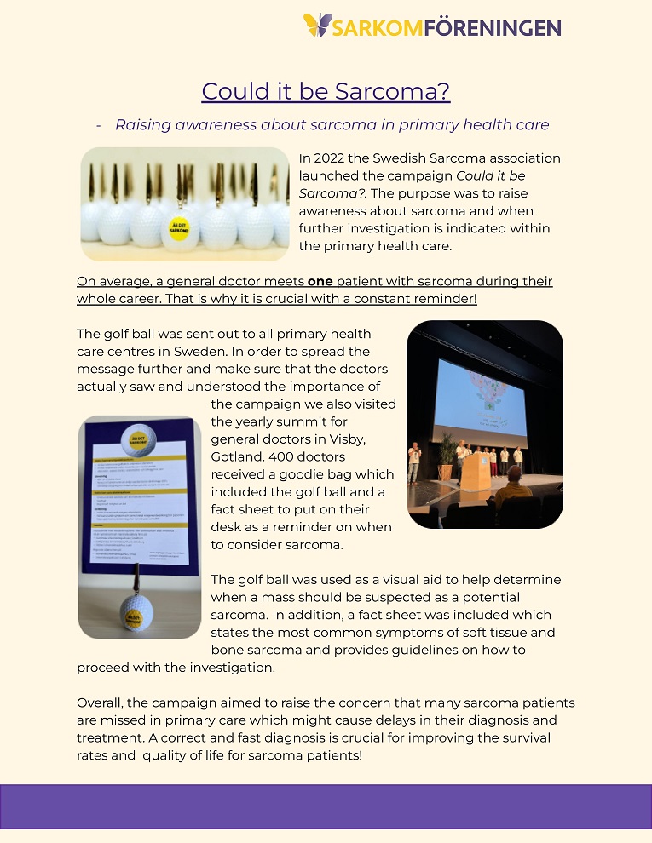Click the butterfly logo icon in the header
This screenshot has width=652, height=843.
tap(318, 25)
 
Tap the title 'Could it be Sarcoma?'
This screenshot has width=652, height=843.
tap(326, 91)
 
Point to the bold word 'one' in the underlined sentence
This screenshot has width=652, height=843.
tap(320, 281)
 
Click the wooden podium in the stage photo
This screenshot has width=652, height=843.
tap(476, 469)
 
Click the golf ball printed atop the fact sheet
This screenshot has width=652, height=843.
tap(139, 439)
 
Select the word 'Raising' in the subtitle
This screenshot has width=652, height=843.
tap(142, 124)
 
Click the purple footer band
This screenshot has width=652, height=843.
tap(326, 806)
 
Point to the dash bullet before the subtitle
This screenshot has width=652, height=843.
tap(99, 124)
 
